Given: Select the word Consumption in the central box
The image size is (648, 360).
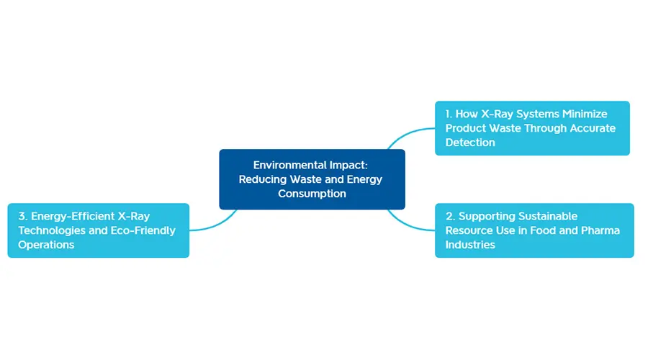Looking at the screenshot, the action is click(312, 194).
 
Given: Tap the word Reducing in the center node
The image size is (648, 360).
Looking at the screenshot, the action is click(262, 180).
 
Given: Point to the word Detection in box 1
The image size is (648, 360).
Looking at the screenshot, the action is click(470, 142).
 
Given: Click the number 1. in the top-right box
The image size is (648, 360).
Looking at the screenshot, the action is click(449, 114).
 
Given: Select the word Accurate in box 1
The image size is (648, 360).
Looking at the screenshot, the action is click(593, 128).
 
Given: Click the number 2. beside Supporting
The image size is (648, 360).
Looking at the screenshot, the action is click(450, 216).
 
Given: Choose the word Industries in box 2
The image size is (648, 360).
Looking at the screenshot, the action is click(470, 245).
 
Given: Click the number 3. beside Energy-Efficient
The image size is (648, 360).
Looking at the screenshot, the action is click(23, 216).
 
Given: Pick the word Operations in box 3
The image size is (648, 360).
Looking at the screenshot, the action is click(46, 245).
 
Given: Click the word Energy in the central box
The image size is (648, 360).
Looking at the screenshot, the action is click(364, 180).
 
